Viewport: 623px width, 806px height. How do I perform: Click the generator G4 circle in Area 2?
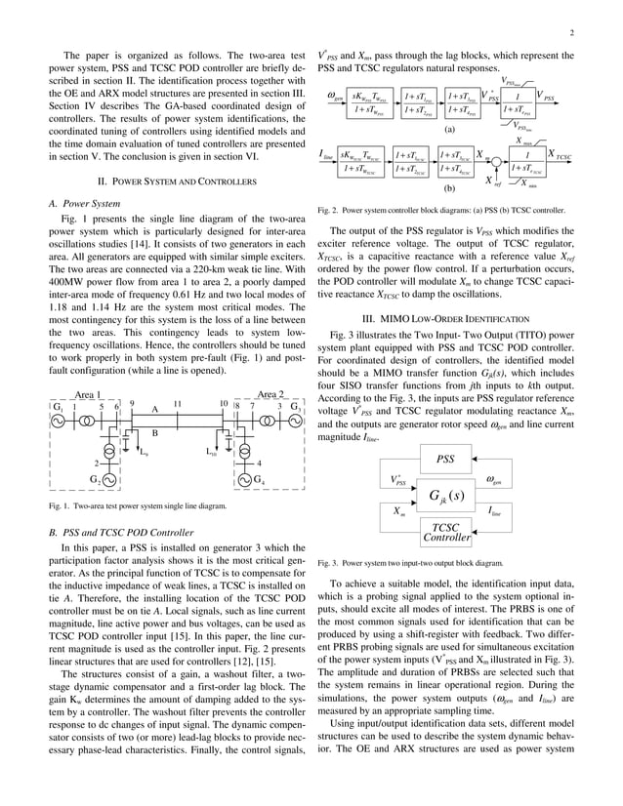242,480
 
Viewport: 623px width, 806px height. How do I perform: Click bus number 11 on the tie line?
177,403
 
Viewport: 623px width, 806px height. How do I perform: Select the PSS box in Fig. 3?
445,458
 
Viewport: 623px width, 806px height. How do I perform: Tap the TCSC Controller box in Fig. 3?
445,532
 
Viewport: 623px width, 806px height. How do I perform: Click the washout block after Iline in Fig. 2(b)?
360,161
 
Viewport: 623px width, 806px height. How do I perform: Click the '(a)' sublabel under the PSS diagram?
449,128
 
